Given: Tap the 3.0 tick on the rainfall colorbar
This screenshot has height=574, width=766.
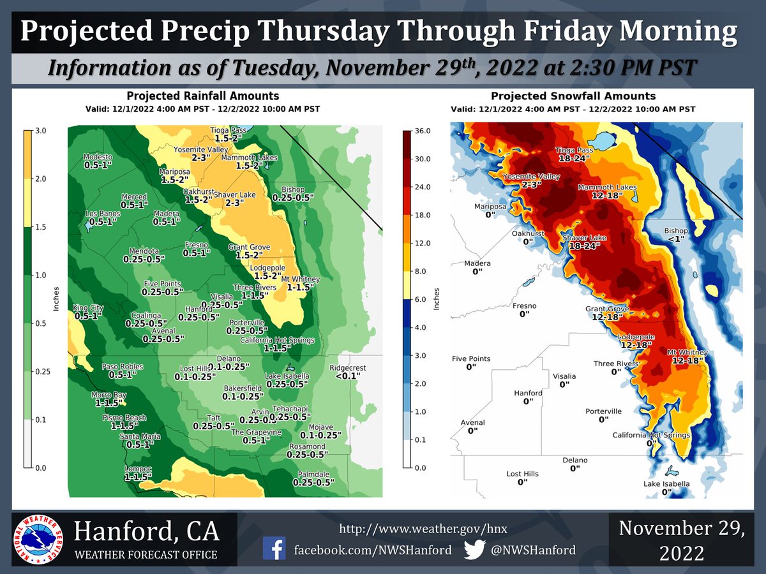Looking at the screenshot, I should point(41,131).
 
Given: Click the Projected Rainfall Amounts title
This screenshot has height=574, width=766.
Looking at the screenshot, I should point(202,96).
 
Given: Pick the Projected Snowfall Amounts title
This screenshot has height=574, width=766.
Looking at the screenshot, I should point(573,96).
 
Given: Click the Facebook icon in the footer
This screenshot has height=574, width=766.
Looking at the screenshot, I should point(274,550).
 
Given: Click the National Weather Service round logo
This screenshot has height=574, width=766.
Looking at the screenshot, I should point(37,539).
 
